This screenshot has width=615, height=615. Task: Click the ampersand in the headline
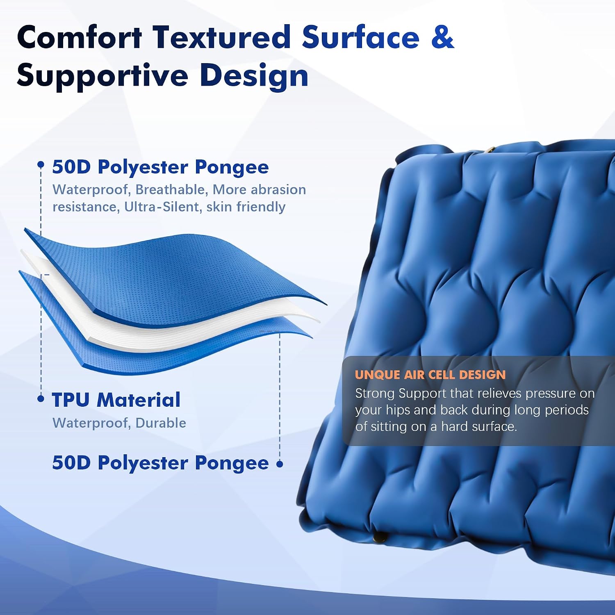(x=442, y=37)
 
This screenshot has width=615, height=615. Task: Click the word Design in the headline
(x=254, y=76)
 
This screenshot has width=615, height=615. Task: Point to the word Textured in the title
(x=222, y=37)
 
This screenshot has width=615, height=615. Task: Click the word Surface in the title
(x=361, y=37)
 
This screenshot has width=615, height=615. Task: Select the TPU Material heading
(x=116, y=400)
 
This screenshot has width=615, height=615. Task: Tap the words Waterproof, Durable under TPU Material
(x=119, y=423)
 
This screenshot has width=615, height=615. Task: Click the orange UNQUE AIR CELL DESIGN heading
(x=430, y=375)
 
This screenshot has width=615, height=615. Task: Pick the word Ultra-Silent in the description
(x=162, y=207)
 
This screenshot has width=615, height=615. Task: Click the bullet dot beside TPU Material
(x=41, y=399)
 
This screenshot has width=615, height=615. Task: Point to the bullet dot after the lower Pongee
(x=280, y=464)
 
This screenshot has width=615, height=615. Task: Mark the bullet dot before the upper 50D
(x=41, y=165)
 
